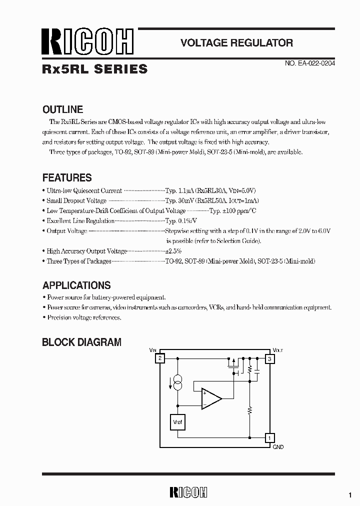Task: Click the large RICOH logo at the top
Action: pyautogui.click(x=88, y=42)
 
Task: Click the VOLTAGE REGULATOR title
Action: pyautogui.click(x=236, y=43)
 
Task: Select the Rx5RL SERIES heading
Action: pyautogui.click(x=95, y=69)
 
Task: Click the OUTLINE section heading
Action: pyautogui.click(x=62, y=109)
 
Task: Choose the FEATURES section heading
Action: pyautogui.click(x=67, y=177)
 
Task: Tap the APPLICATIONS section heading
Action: pyautogui.click(x=76, y=285)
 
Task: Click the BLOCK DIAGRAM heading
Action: pyautogui.click(x=81, y=342)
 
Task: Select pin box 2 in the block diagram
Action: pyautogui.click(x=160, y=358)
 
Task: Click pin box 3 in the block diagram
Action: pyautogui.click(x=269, y=358)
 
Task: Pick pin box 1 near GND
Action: pyautogui.click(x=269, y=438)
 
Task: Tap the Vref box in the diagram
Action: pyautogui.click(x=178, y=422)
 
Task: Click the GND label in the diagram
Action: pyautogui.click(x=278, y=447)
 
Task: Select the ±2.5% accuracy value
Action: pyautogui.click(x=173, y=251)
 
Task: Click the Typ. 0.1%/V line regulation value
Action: pyautogui.click(x=181, y=220)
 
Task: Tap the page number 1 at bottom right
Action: pyautogui.click(x=350, y=494)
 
